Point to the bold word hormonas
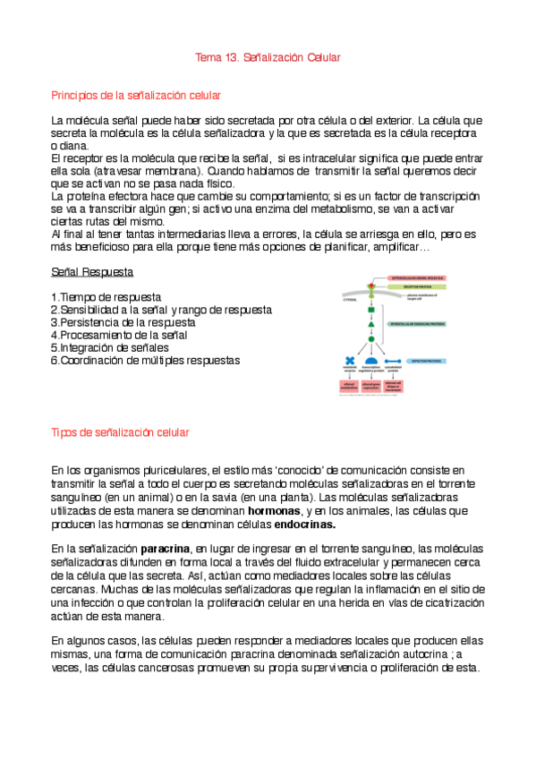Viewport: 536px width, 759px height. [x=274, y=511]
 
